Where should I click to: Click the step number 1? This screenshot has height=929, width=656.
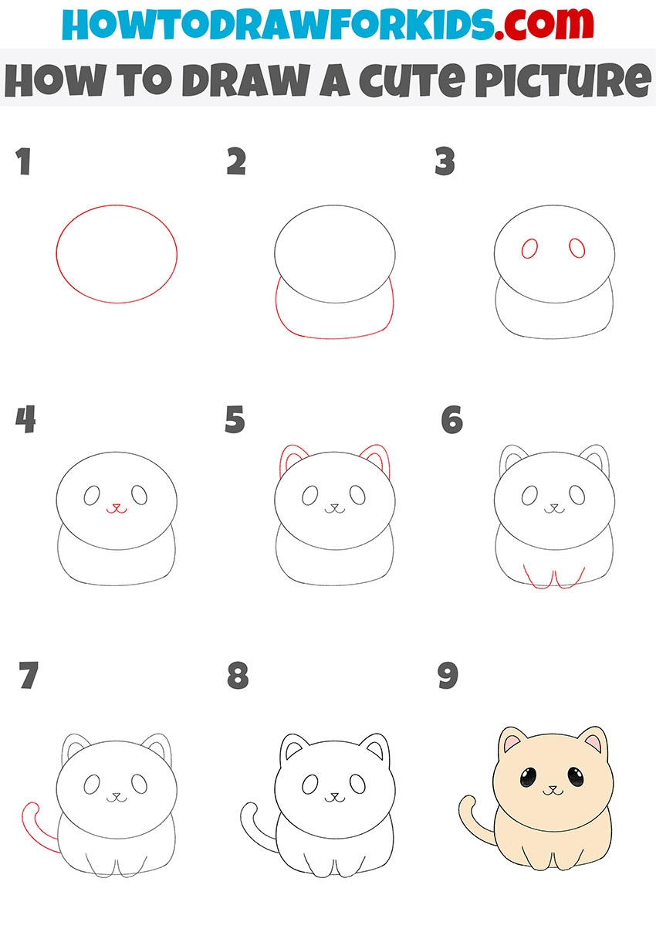click(24, 161)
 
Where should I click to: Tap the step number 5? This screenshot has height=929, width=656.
click(235, 419)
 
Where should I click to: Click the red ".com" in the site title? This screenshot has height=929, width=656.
click(543, 24)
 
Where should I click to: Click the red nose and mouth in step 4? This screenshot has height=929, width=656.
click(117, 508)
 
